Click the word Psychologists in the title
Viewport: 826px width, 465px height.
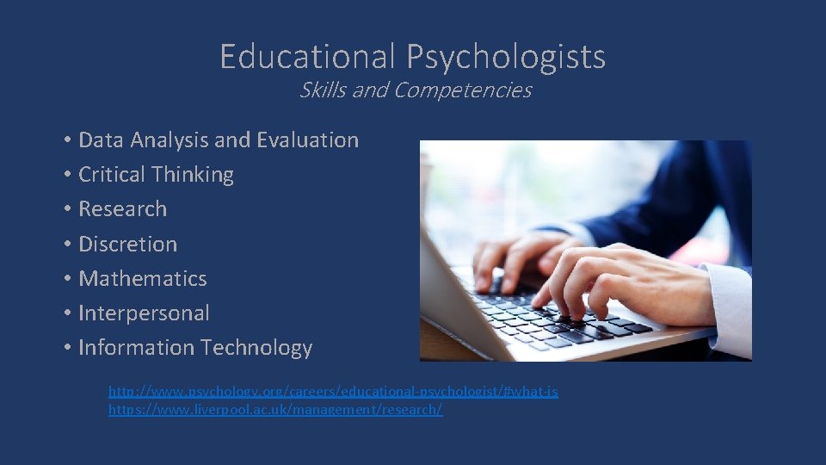pos(506,58)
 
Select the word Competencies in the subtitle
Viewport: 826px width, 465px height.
pos(462,90)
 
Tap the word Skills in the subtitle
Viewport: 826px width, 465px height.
pos(322,90)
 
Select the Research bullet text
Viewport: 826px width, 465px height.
pos(122,209)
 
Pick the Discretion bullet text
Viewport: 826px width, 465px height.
pos(127,244)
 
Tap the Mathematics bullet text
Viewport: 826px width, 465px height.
pos(142,279)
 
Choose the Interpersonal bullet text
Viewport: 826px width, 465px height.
pos(144,313)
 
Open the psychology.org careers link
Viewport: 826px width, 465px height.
pos(333,392)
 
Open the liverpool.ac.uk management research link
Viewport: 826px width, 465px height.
pos(275,410)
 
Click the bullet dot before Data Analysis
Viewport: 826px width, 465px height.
pos(66,140)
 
